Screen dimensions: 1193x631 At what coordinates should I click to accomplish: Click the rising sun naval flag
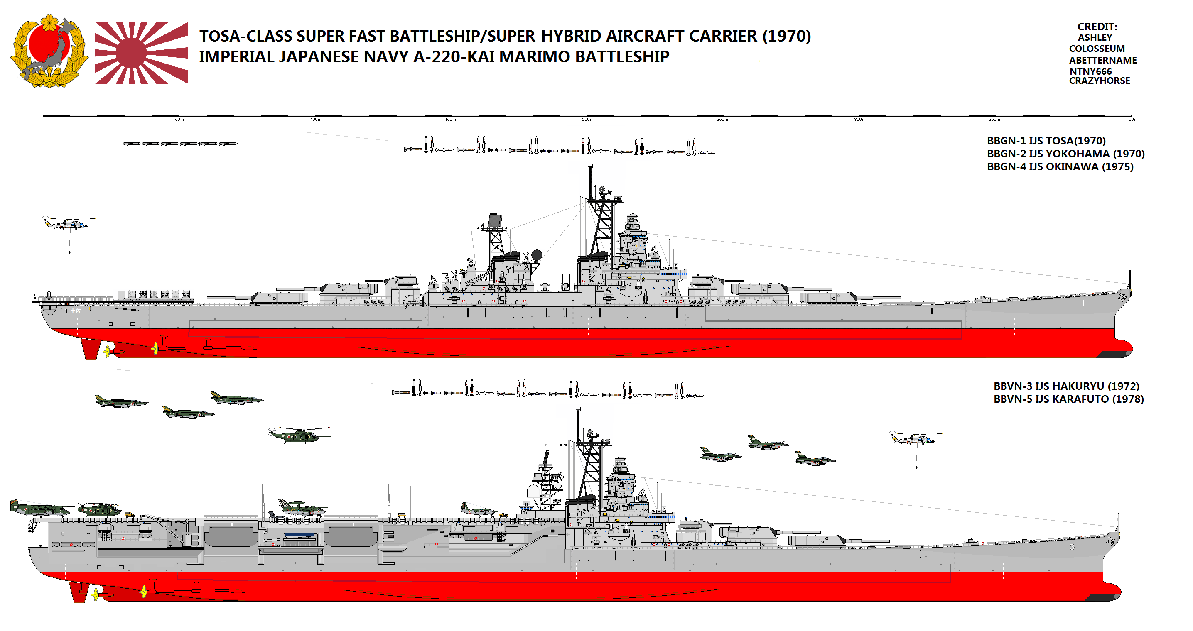click(141, 53)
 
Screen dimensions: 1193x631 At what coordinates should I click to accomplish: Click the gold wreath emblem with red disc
click(49, 51)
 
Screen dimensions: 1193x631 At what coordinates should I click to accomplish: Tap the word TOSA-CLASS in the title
click(245, 36)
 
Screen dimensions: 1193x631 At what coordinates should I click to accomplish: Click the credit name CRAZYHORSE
click(1099, 81)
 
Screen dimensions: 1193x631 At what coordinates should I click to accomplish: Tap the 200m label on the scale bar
click(587, 120)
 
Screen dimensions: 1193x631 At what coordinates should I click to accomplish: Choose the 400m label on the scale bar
click(1131, 120)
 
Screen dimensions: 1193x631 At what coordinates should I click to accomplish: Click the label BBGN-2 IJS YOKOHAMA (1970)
click(1065, 154)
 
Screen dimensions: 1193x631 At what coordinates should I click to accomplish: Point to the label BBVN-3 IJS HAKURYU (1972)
click(1066, 386)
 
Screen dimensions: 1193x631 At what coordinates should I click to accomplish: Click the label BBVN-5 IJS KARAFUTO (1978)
click(1068, 399)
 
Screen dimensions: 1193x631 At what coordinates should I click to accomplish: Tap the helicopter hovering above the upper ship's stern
click(68, 224)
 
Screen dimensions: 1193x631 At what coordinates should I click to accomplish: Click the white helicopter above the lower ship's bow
click(914, 438)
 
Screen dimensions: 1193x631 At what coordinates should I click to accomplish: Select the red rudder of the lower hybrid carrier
click(78, 592)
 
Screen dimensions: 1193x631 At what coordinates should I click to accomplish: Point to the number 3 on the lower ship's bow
click(1072, 547)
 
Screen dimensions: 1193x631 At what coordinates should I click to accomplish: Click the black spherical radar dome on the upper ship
click(536, 254)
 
